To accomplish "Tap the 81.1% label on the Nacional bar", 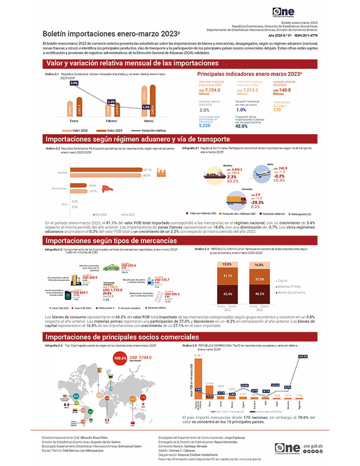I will click(x=148, y=169).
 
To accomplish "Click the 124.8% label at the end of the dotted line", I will click(x=304, y=340).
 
